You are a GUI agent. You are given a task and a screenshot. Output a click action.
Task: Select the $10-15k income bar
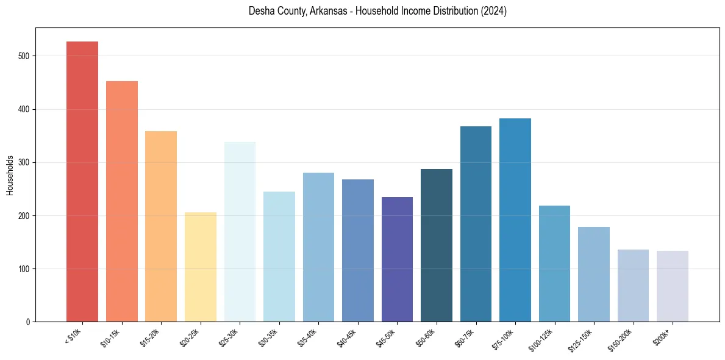122,201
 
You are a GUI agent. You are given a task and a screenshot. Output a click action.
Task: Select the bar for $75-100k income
515,220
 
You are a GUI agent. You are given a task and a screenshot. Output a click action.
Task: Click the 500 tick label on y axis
24,56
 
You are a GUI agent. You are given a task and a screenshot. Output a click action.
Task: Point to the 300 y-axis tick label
24,162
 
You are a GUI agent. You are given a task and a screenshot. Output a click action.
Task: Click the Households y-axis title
10,175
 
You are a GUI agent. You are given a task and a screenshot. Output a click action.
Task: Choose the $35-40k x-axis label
310,338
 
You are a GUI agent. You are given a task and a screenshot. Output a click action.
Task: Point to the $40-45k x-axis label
349,338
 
